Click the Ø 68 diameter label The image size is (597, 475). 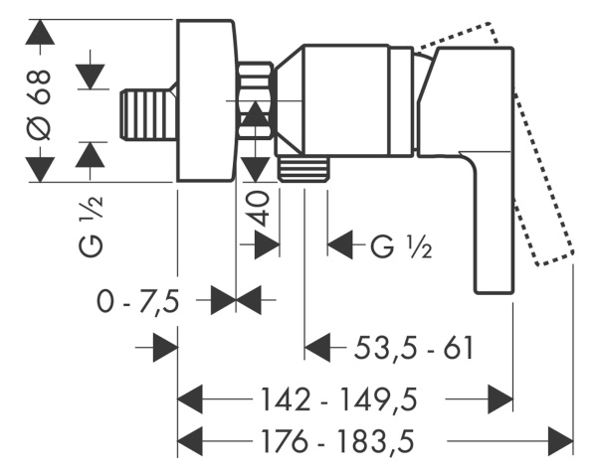[x=40, y=99]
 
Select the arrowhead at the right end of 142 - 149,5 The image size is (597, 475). [x=499, y=399]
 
